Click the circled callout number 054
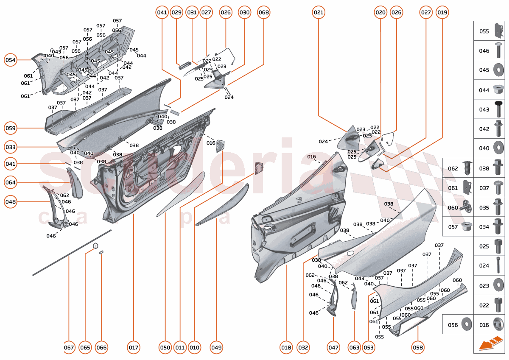11,60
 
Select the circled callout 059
11,128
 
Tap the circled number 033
11,148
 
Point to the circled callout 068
263,13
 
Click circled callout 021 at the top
319,13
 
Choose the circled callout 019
442,13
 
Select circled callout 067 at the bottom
69,348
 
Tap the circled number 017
134,348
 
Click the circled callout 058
418,348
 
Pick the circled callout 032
303,348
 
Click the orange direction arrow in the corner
491,343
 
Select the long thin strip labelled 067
72,253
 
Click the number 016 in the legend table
484,325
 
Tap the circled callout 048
11,202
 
